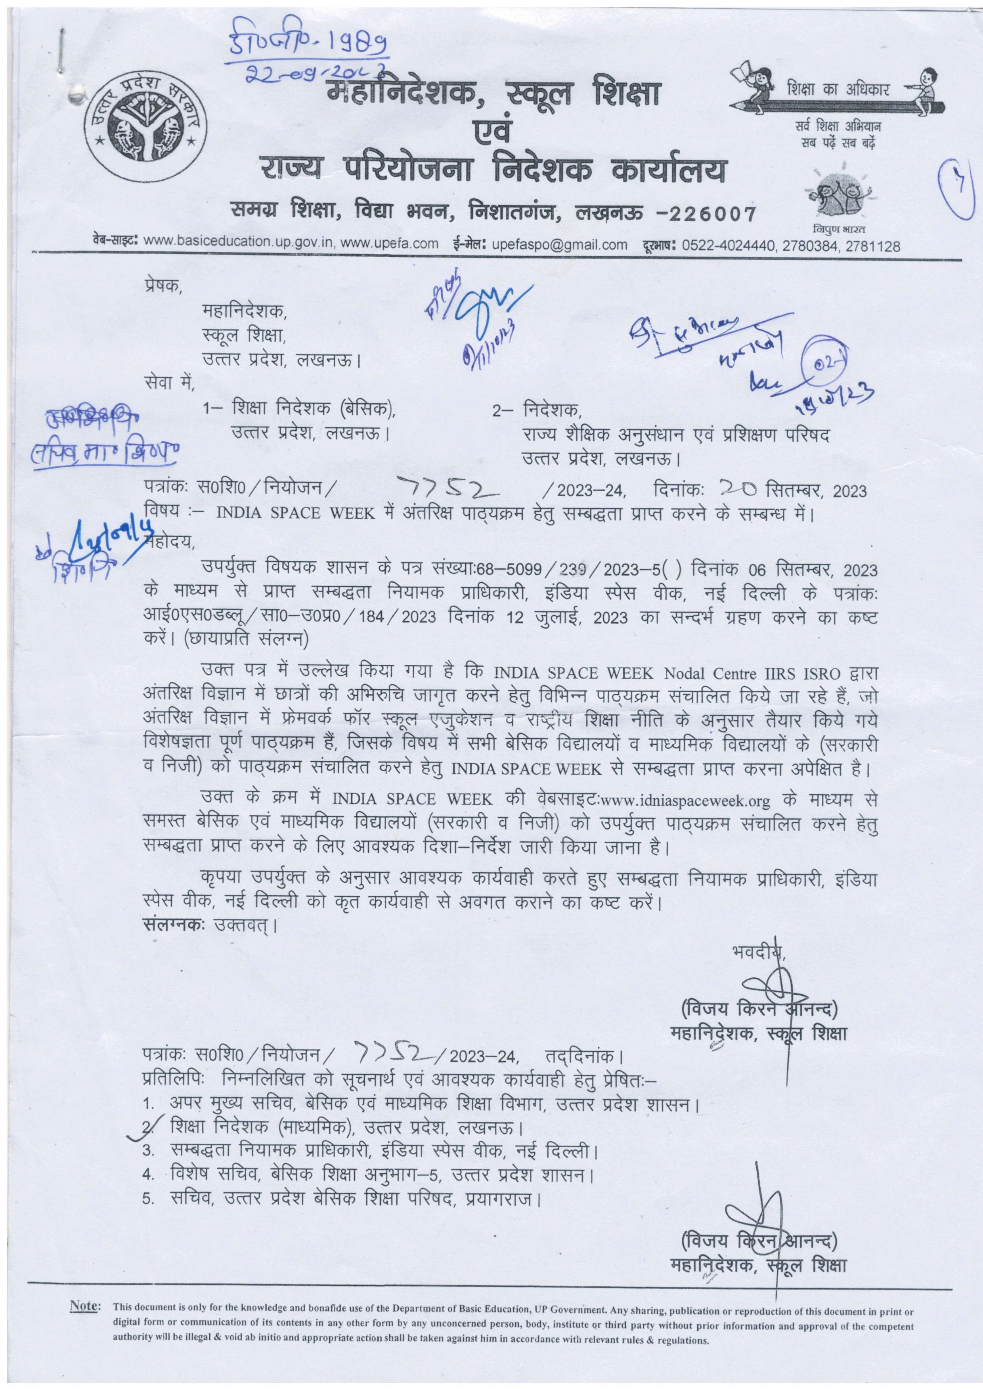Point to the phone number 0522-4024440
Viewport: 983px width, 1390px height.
[725, 245]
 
